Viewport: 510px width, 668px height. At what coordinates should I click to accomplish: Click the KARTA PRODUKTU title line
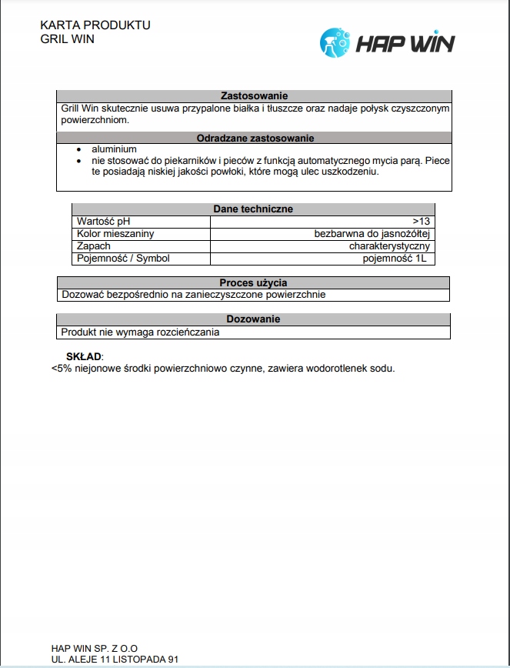95,25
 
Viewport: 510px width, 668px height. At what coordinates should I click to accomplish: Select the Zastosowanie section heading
254,96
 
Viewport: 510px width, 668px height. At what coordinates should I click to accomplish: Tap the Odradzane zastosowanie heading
254,139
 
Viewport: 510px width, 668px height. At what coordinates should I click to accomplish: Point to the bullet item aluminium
114,149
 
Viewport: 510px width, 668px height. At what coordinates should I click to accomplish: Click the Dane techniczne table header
252,209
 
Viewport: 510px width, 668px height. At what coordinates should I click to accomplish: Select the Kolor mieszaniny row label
115,234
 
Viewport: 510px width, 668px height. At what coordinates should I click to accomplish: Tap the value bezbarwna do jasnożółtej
371,234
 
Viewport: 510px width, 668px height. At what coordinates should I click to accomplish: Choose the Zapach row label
94,246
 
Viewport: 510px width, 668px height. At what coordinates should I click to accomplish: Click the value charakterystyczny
388,246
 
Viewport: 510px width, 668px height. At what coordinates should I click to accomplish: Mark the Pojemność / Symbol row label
123,259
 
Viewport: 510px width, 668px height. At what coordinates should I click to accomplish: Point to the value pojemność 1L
394,259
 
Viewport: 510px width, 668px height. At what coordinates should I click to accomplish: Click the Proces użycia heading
253,282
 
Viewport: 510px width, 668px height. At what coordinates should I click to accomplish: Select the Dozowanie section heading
253,319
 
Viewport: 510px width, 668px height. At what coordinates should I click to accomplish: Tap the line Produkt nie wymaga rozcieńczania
141,332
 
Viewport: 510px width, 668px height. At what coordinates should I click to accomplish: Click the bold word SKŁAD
85,356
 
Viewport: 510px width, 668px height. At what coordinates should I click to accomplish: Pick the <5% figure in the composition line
61,369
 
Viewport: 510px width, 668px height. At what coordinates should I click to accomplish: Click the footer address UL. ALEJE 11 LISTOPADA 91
115,660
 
